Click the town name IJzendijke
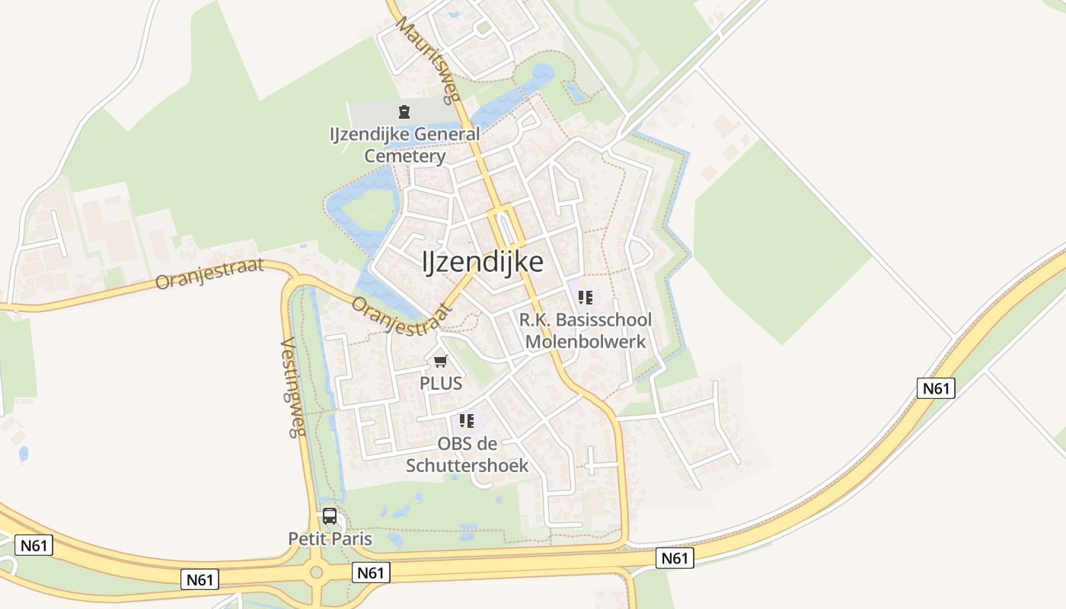coord(483,262)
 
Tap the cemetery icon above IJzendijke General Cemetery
coord(404,113)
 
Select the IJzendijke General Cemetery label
coord(404,145)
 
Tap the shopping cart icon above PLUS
coord(441,361)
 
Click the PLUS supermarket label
coord(441,383)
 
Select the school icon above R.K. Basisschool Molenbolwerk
coord(585,298)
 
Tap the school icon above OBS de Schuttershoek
coord(467,420)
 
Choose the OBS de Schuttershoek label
coord(467,454)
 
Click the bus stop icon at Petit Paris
coord(330,515)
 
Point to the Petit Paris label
coord(330,539)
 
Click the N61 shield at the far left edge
coord(34,545)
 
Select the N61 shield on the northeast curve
coord(936,388)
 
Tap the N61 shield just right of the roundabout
coord(371,572)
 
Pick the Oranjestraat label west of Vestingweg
coord(209,273)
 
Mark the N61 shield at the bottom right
coord(674,558)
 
